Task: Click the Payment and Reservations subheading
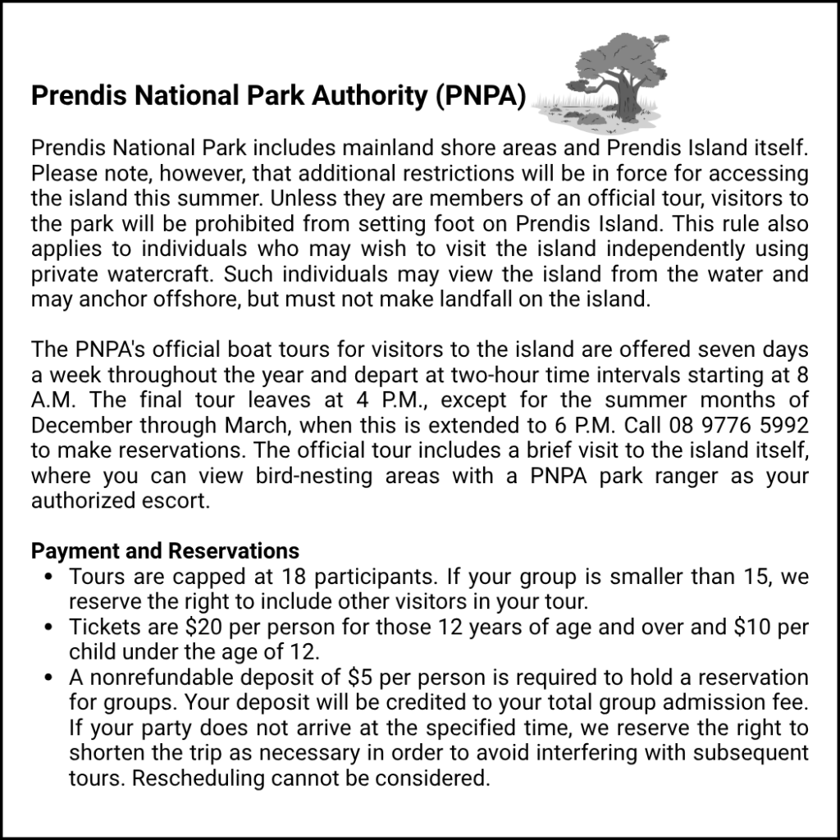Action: pyautogui.click(x=165, y=550)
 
